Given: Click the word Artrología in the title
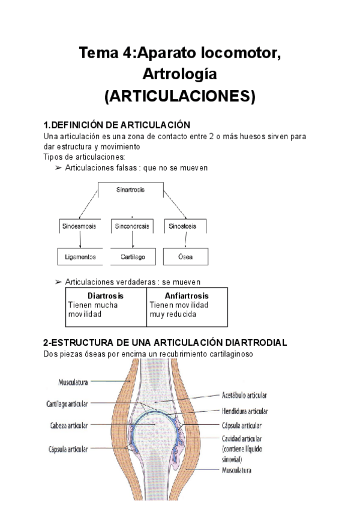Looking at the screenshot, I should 179,74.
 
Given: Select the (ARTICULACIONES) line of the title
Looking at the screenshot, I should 179,96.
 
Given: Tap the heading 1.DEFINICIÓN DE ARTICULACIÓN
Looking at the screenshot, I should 117,125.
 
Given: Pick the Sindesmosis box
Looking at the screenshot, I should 80,226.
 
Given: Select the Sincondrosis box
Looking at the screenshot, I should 132,226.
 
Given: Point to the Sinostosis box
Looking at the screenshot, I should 185,226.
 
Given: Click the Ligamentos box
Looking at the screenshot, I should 80,257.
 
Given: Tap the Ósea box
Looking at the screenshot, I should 185,257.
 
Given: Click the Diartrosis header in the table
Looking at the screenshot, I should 106,296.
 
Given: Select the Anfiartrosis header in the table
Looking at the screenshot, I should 187,296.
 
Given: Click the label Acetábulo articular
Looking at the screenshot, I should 244,396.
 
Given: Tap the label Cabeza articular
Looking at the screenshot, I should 70,425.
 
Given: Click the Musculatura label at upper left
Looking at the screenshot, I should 74,381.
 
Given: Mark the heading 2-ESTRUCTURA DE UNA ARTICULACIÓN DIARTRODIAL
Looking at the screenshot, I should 165,343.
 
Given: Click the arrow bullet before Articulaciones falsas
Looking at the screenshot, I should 58,168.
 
